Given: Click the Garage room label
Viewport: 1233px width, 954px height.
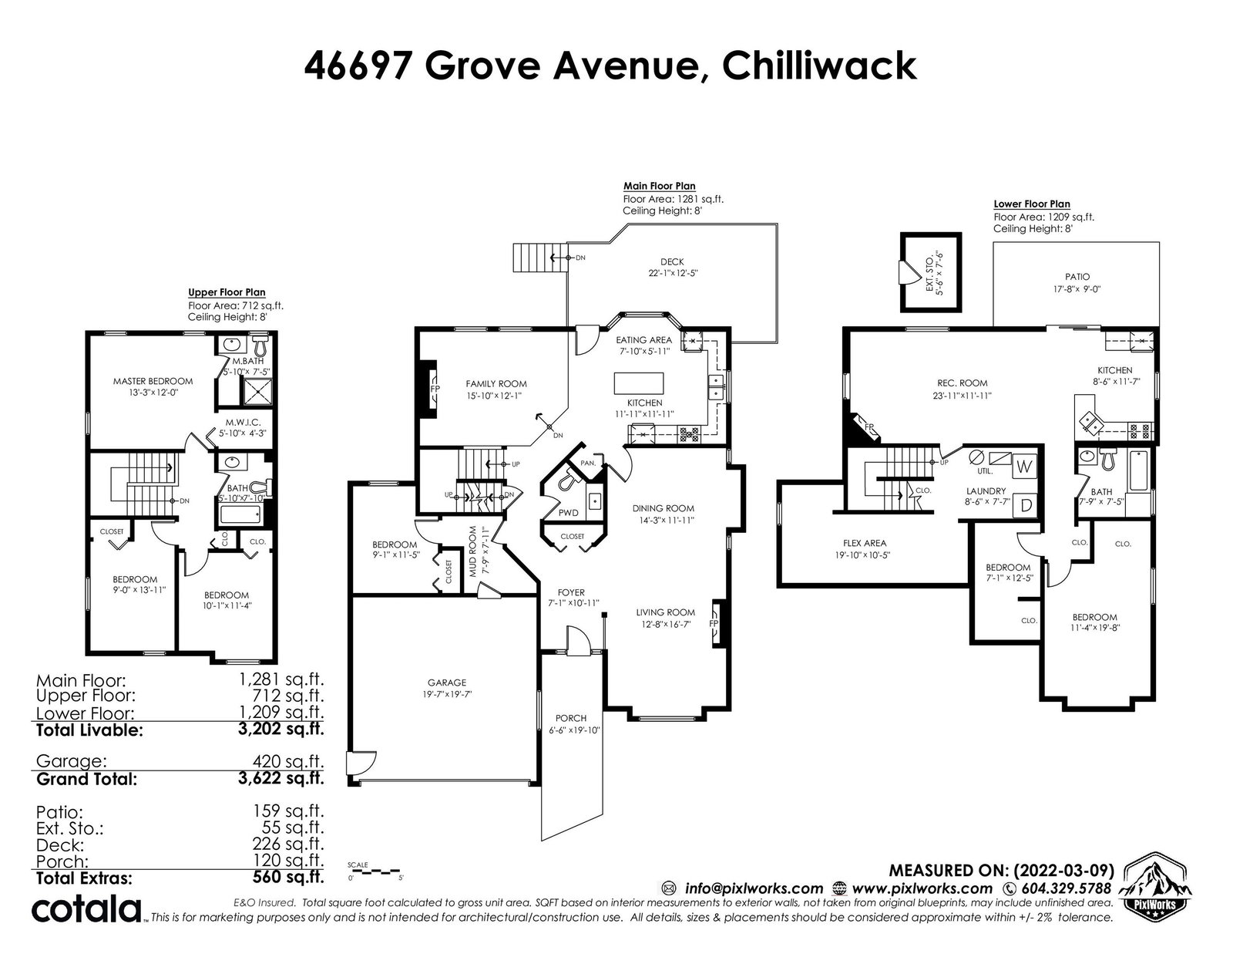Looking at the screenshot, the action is click(x=446, y=682).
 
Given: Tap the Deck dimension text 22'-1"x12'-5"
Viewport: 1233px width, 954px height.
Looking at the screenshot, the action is click(x=673, y=273).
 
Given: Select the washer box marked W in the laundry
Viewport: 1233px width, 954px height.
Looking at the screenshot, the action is click(x=1023, y=467).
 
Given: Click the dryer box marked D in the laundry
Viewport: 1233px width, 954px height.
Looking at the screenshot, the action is click(x=1026, y=505).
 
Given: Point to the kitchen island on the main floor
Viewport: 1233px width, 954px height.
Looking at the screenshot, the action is click(x=638, y=383).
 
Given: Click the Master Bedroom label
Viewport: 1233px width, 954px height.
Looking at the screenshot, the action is click(x=153, y=381).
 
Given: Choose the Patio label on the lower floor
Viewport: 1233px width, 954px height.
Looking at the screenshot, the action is click(x=1077, y=277).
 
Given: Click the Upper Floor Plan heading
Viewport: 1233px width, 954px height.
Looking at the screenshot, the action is click(x=227, y=292).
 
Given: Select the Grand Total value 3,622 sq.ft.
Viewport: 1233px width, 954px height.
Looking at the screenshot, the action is click(x=281, y=777).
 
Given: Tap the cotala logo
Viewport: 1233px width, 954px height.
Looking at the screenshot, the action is click(x=86, y=909).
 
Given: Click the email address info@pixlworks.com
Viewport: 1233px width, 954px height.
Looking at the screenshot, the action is click(x=754, y=888).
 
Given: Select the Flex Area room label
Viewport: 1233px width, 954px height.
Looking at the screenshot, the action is click(x=864, y=543).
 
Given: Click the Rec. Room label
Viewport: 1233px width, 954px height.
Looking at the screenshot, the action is click(x=962, y=383).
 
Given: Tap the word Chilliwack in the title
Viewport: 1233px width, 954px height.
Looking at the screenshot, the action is click(x=819, y=66).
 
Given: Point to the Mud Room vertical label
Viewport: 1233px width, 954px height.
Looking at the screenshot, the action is click(x=472, y=551).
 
